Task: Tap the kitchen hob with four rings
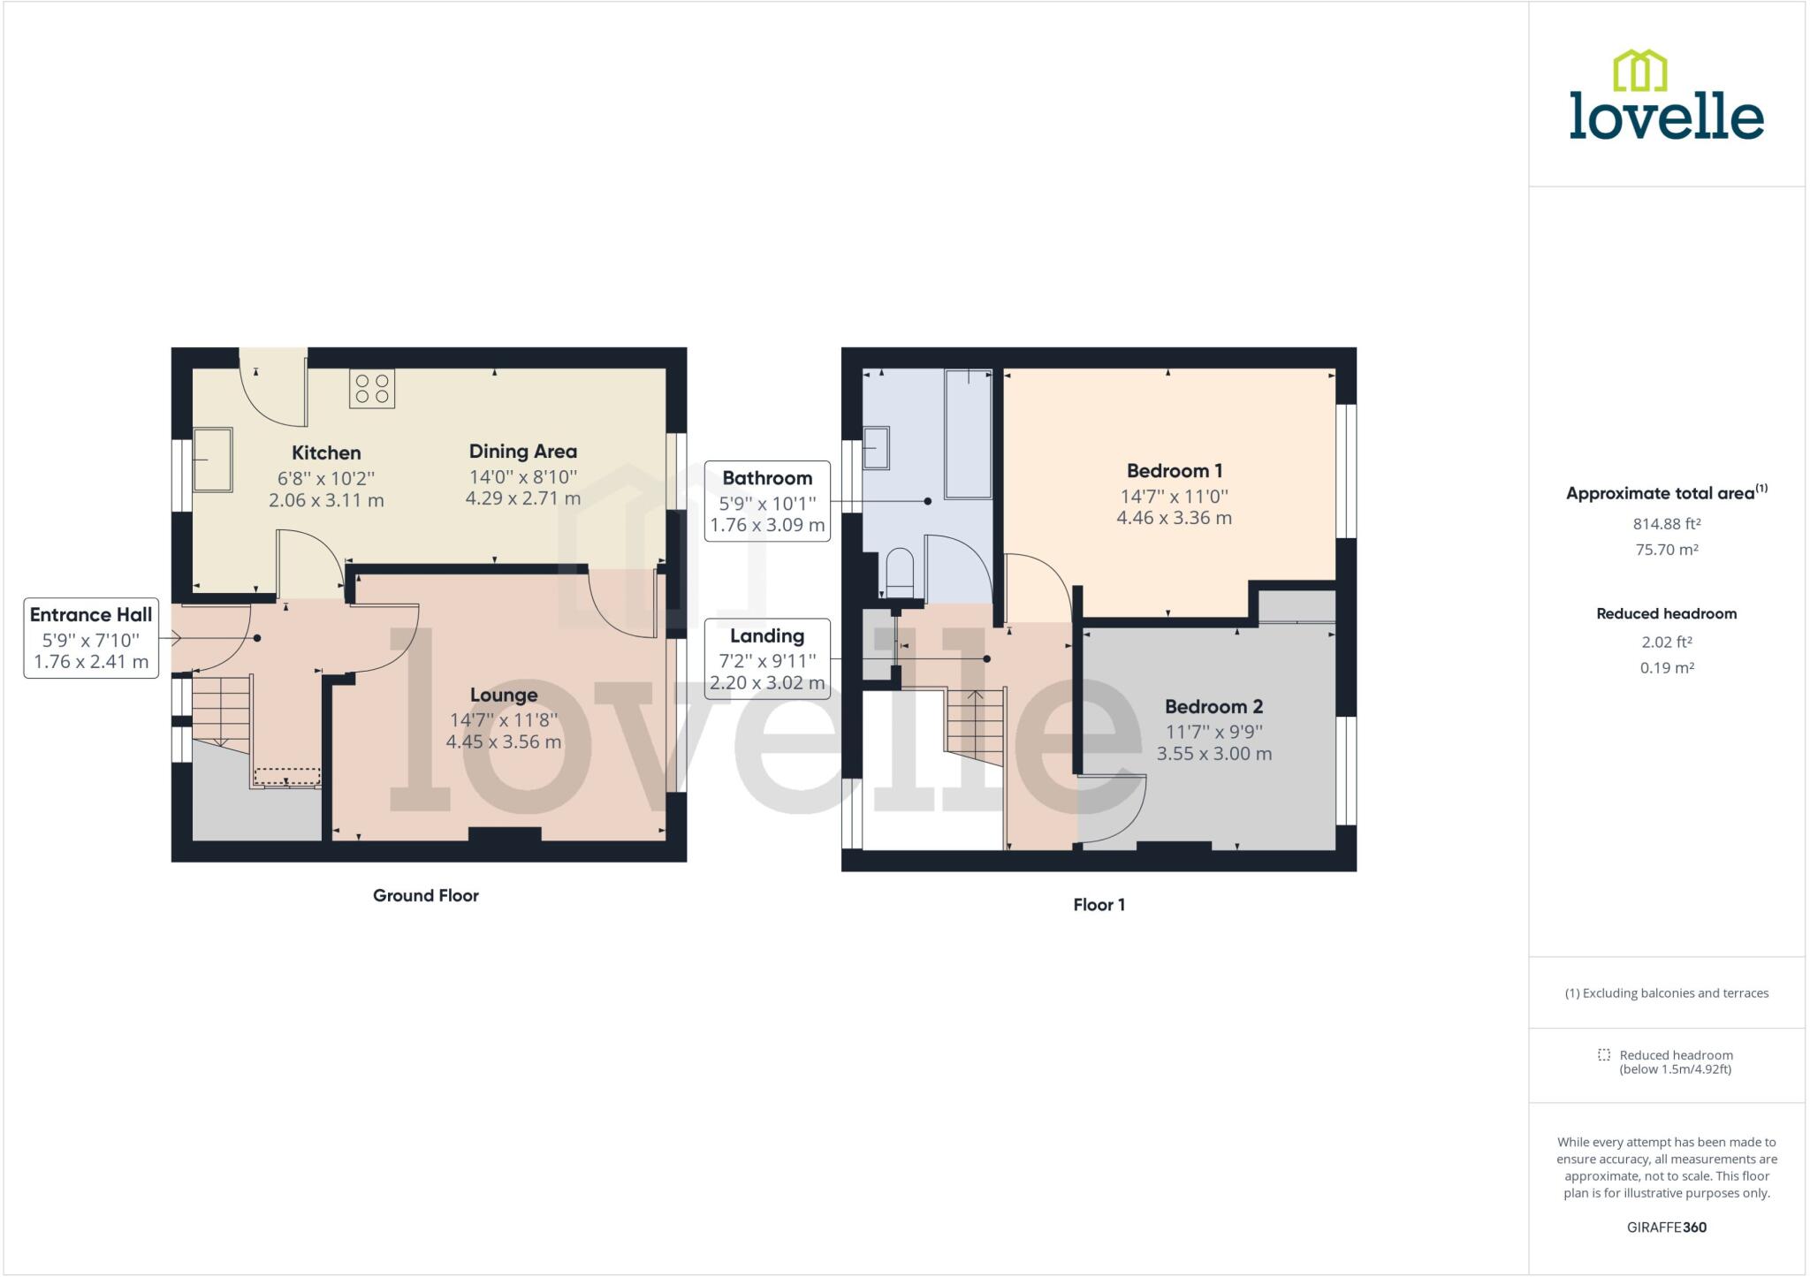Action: point(372,389)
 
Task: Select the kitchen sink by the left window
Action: point(213,459)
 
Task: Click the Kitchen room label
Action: point(326,452)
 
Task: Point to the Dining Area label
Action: point(522,451)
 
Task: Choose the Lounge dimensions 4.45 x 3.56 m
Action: point(503,742)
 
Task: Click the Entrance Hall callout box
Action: point(91,638)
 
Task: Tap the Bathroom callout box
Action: point(767,501)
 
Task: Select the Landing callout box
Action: point(767,659)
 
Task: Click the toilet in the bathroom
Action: point(899,574)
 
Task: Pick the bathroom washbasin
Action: point(876,447)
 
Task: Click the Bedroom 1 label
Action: point(1174,470)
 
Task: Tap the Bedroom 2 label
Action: point(1213,706)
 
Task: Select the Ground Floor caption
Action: point(425,895)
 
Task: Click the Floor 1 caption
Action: point(1099,904)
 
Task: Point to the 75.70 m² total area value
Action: point(1666,550)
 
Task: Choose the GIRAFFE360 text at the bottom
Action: point(1666,1228)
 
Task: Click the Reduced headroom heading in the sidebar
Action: point(1666,613)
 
